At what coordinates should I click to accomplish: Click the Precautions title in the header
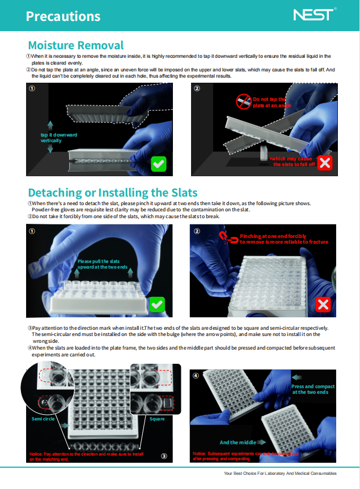(63, 16)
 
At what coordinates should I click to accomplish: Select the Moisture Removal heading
(75, 45)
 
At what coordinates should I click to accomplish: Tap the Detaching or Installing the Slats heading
(113, 192)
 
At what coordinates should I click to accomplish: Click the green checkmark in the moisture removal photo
(159, 164)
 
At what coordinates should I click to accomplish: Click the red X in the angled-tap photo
(325, 163)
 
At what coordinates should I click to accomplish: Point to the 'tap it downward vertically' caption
(58, 138)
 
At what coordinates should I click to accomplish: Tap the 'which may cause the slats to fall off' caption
(294, 161)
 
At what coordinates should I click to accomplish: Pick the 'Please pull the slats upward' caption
(103, 264)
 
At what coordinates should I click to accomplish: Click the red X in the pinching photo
(323, 305)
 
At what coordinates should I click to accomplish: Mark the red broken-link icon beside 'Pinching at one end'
(231, 238)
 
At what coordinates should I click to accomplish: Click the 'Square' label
(157, 419)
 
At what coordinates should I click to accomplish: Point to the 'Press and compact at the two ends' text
(313, 389)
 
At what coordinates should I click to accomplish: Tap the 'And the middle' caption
(236, 443)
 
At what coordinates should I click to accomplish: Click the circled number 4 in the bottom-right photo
(197, 375)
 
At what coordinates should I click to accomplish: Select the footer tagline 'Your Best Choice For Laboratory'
(280, 473)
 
